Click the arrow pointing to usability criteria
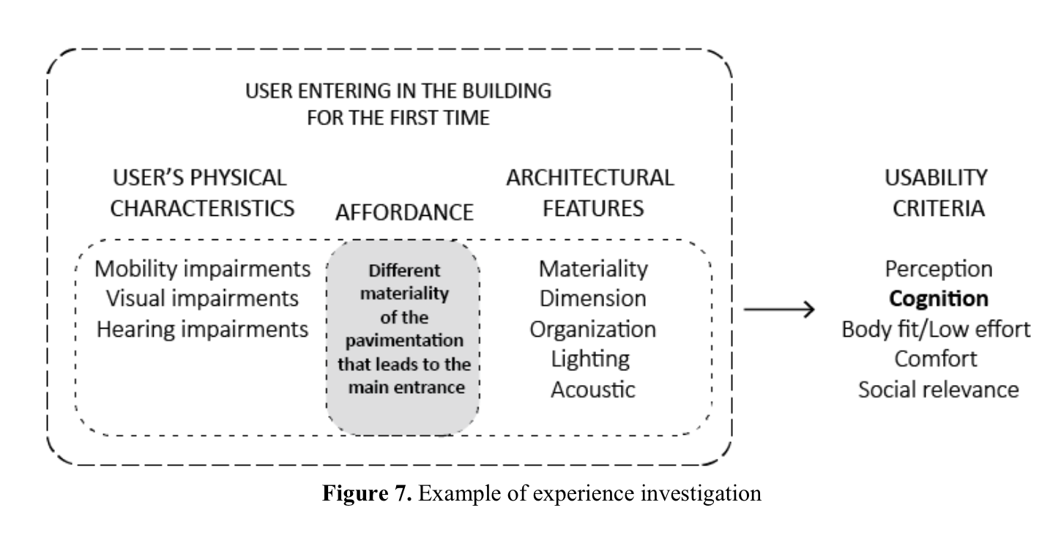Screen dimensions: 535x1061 click(x=779, y=310)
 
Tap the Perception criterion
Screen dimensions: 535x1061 click(x=939, y=269)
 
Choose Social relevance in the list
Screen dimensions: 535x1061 click(x=939, y=389)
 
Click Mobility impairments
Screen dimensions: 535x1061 click(x=203, y=269)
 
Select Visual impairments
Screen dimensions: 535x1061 click(x=203, y=299)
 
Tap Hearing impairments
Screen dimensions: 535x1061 click(x=203, y=329)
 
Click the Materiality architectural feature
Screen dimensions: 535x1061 click(x=593, y=269)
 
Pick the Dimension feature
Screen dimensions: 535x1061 click(x=593, y=299)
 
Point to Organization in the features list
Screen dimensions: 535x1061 click(x=593, y=329)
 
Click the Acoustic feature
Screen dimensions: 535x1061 click(x=593, y=389)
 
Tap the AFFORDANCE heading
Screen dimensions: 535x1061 click(x=404, y=212)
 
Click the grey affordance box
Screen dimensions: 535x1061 click(x=403, y=337)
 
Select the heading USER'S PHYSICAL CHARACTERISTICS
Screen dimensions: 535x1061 click(x=202, y=192)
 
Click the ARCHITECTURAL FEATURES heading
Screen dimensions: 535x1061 click(x=590, y=192)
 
